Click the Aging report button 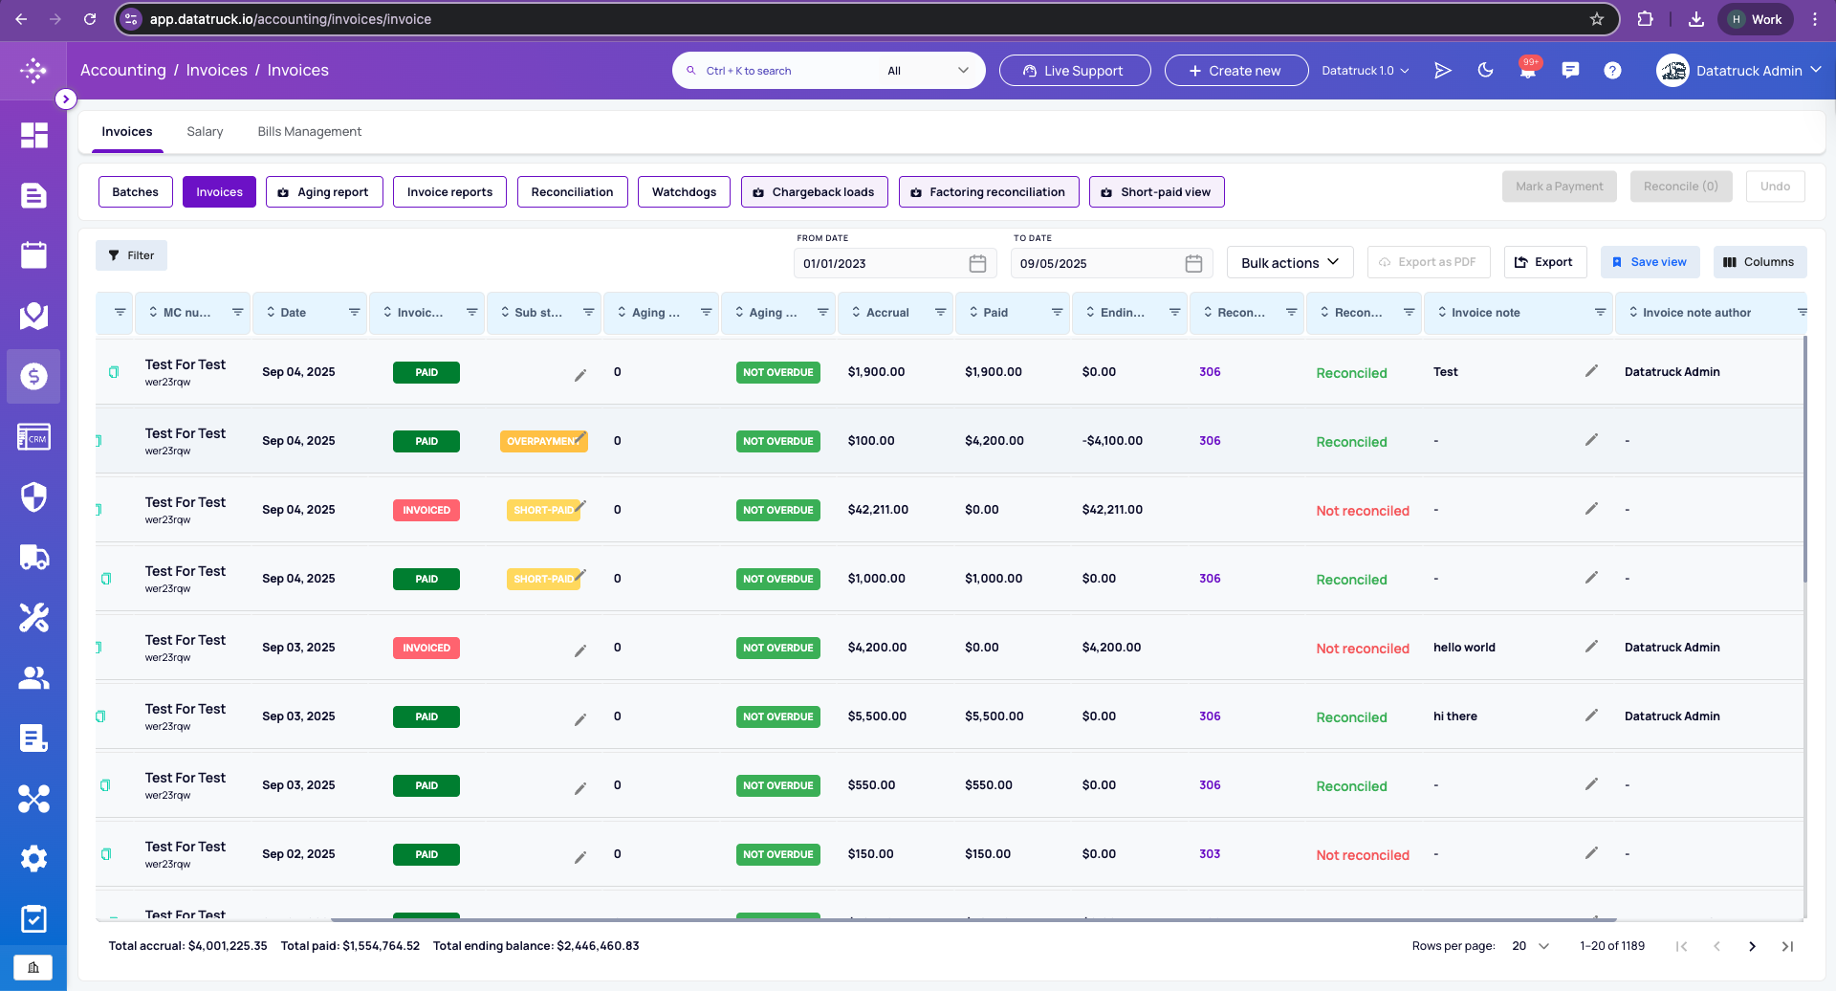click(x=324, y=191)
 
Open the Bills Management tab click(x=309, y=131)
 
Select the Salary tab click(x=205, y=131)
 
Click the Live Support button click(x=1075, y=70)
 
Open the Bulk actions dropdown click(x=1290, y=262)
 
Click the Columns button click(x=1759, y=262)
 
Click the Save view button click(x=1650, y=262)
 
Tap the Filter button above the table click(x=131, y=255)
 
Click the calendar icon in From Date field click(x=977, y=263)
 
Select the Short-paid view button click(x=1156, y=191)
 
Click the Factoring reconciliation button click(x=989, y=191)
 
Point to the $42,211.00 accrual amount click(x=878, y=510)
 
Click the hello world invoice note click(x=1464, y=648)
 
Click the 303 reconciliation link click(x=1210, y=854)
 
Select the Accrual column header click(x=887, y=313)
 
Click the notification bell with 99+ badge click(x=1528, y=70)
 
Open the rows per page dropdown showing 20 click(x=1530, y=946)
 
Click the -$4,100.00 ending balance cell click(x=1112, y=441)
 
